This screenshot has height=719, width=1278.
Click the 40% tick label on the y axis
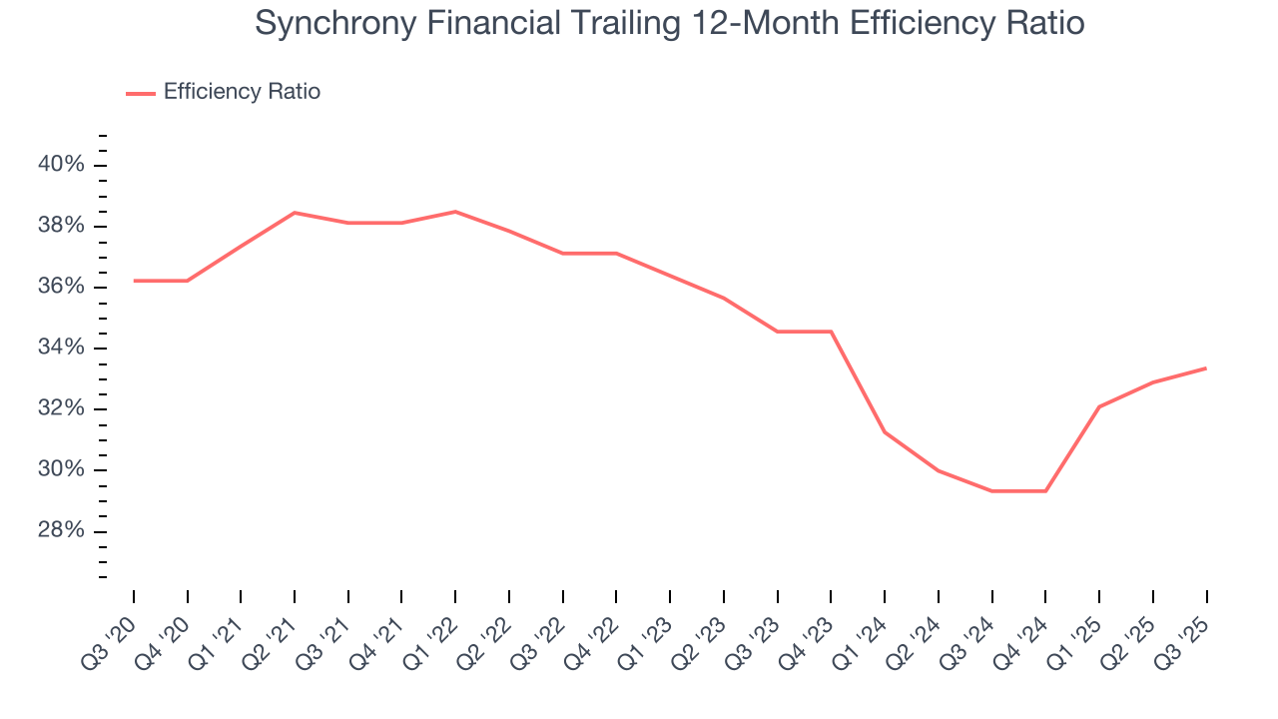pyautogui.click(x=62, y=165)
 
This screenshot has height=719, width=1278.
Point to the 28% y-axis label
pyautogui.click(x=62, y=530)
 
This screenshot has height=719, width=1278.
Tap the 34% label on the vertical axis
pyautogui.click(x=62, y=348)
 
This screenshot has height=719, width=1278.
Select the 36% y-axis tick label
pyautogui.click(x=62, y=287)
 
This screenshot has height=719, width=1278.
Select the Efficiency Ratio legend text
pyautogui.click(x=242, y=92)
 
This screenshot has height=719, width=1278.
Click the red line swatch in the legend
pyautogui.click(x=140, y=93)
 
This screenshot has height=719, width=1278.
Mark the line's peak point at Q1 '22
pyautogui.click(x=455, y=212)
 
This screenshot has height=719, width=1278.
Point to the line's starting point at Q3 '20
pyautogui.click(x=134, y=281)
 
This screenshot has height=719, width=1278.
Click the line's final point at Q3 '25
pyautogui.click(x=1206, y=367)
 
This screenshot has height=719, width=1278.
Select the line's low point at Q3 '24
pyautogui.click(x=992, y=491)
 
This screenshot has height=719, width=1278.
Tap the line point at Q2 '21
pyautogui.click(x=295, y=213)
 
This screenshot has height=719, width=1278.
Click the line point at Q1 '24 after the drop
pyautogui.click(x=885, y=432)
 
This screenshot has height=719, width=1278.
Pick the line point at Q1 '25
pyautogui.click(x=1099, y=406)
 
